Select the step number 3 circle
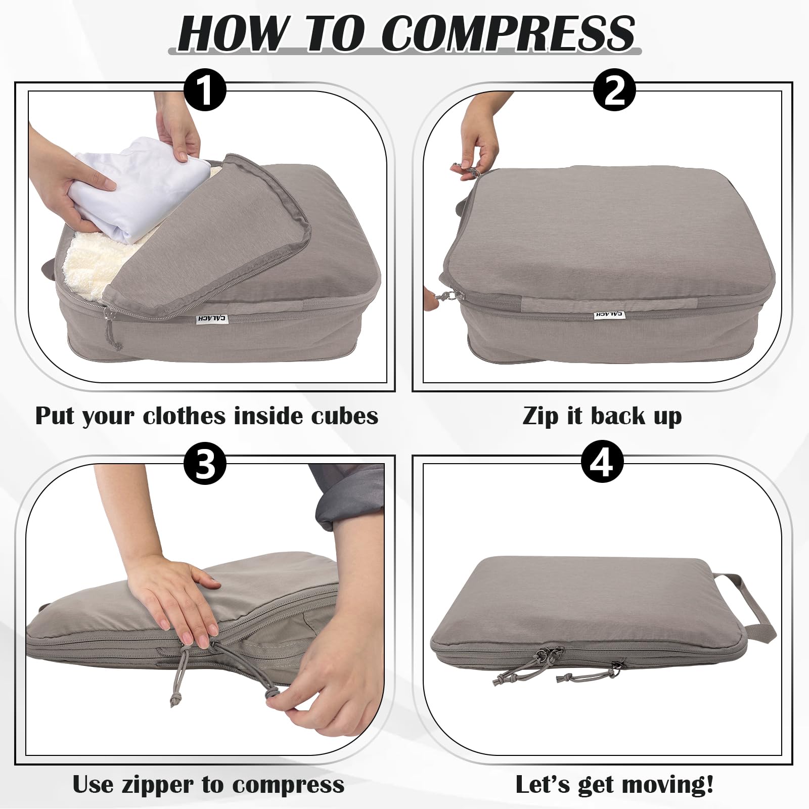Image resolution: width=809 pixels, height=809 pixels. (204, 463)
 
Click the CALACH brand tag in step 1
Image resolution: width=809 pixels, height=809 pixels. (211, 319)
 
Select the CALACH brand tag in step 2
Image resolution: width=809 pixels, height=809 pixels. (609, 314)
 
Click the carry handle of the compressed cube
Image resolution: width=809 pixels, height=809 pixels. (746, 607)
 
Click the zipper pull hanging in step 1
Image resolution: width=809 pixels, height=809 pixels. (113, 331)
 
